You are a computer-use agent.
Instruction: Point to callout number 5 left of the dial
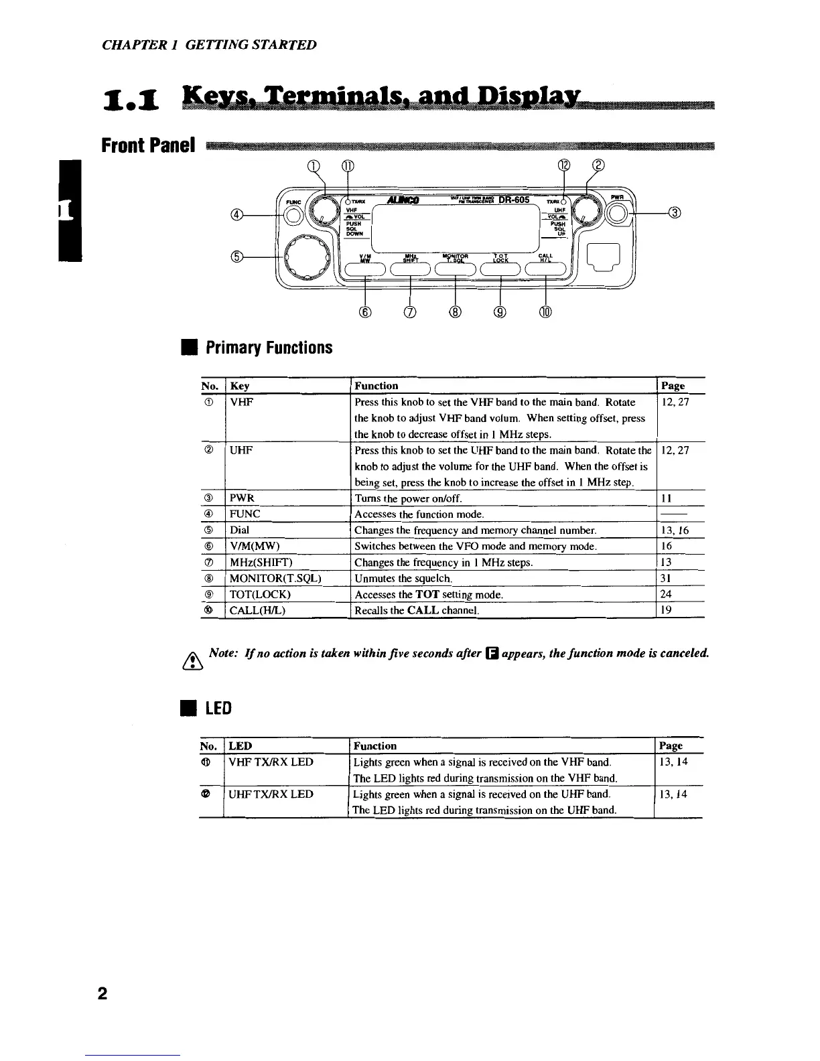tap(236, 256)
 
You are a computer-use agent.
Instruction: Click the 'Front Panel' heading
tap(148, 145)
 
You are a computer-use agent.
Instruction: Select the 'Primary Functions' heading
tap(269, 348)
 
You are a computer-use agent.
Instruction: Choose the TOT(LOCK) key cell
tap(260, 594)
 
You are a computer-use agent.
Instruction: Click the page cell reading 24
tap(667, 594)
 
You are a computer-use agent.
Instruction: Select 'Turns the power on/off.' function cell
tap(408, 498)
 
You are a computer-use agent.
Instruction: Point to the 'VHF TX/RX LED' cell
tap(271, 762)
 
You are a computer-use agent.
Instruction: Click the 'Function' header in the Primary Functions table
tap(376, 386)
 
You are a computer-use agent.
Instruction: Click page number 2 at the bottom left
tap(102, 993)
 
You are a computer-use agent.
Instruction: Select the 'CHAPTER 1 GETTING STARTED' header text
tap(209, 45)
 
